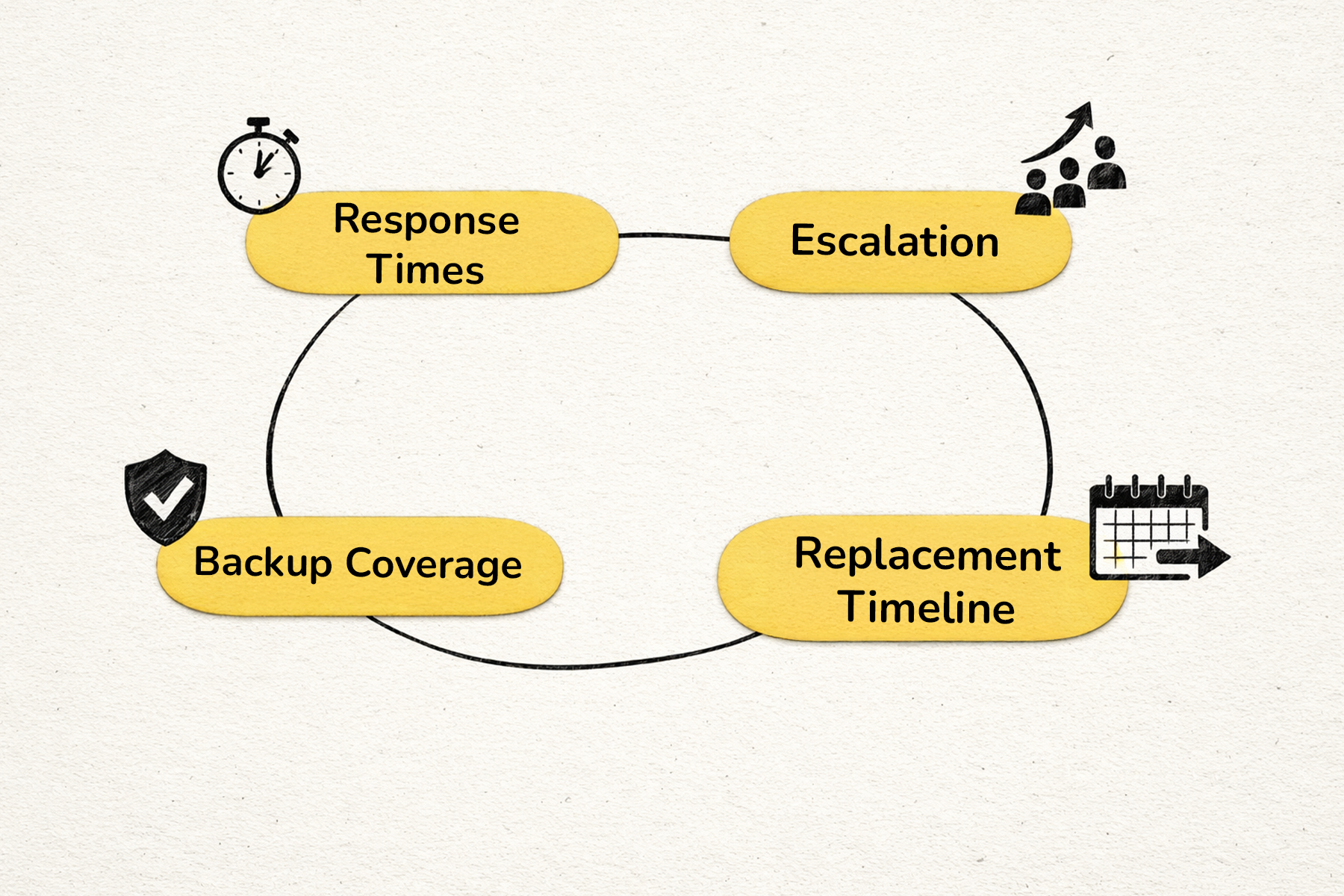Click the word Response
pyautogui.click(x=426, y=220)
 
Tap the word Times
pyautogui.click(x=426, y=270)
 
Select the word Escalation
pyautogui.click(x=895, y=241)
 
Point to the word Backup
pyautogui.click(x=262, y=562)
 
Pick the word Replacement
pyautogui.click(x=927, y=555)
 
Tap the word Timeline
pyautogui.click(x=927, y=606)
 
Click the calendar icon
pyautogui.click(x=1148, y=529)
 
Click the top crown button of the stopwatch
pyautogui.click(x=258, y=122)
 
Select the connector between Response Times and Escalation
pyautogui.click(x=673, y=236)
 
